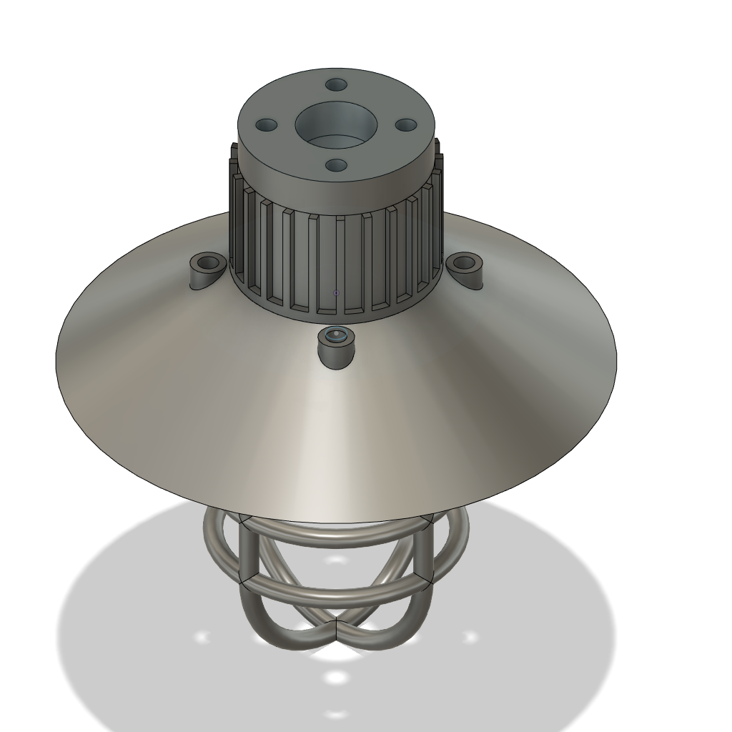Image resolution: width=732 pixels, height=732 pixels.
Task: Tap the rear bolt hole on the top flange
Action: [336, 84]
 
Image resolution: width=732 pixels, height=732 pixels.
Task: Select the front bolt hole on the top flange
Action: [336, 166]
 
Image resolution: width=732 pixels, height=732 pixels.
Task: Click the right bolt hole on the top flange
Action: [406, 125]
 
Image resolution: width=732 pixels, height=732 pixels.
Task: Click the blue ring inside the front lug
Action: [335, 335]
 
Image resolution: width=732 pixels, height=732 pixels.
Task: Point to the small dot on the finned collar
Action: [336, 293]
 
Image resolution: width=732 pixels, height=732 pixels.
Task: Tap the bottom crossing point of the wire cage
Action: [336, 630]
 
